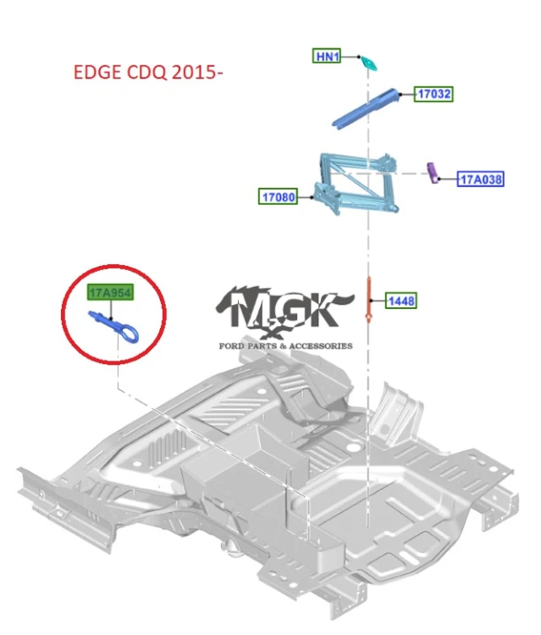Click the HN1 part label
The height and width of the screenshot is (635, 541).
pos(327,56)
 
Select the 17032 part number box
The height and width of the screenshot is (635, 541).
pos(433,94)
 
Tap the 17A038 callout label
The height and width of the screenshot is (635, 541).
pos(481,179)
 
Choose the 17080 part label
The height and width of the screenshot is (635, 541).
pos(279,196)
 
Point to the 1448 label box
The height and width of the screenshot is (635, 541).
pos(401,301)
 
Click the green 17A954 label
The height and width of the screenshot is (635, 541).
pos(111,292)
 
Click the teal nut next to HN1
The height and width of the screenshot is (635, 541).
pos(369,63)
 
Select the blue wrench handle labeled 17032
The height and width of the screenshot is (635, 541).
pos(363,109)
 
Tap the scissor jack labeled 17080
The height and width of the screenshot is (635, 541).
pos(356,184)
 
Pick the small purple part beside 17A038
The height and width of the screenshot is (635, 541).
pos(433,173)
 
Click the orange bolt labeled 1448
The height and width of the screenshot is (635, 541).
pos(368,299)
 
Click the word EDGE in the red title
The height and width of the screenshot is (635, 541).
pos(97,73)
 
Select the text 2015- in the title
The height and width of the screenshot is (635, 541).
pos(197,73)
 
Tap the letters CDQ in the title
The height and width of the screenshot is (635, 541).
pos(146,73)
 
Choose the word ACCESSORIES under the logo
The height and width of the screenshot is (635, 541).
pos(321,345)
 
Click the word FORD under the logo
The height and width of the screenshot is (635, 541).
pos(232,345)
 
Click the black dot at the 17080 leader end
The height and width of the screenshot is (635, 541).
pos(312,197)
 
